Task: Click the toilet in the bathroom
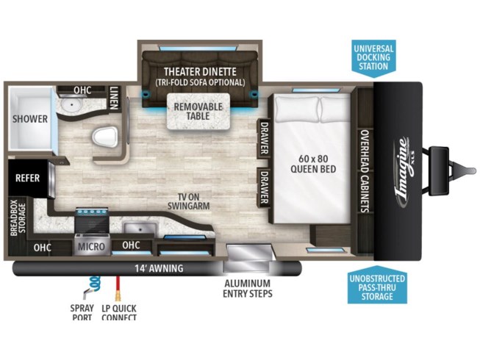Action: click(x=104, y=137)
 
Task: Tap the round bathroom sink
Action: click(x=71, y=105)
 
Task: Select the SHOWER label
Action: click(x=30, y=119)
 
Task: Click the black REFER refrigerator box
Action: click(x=28, y=178)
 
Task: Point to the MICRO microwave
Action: click(x=91, y=246)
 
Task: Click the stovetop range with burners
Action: click(x=92, y=220)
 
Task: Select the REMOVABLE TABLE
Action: click(x=198, y=112)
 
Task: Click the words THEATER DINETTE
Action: click(x=200, y=71)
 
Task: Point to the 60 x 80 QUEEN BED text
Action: click(x=313, y=164)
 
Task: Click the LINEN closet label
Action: click(x=114, y=98)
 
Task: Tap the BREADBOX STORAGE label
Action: click(x=18, y=218)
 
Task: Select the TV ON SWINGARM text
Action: click(x=189, y=201)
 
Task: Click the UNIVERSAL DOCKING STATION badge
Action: click(x=373, y=57)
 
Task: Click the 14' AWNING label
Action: click(x=160, y=268)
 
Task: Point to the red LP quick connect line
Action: click(x=117, y=289)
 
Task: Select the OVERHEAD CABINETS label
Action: click(x=365, y=171)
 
